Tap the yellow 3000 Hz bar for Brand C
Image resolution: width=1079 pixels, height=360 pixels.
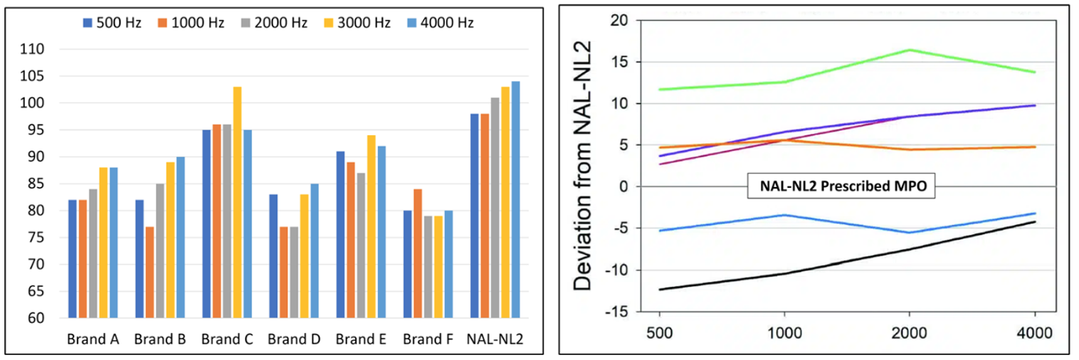tap(237, 202)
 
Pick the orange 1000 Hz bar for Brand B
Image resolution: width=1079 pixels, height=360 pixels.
tap(150, 272)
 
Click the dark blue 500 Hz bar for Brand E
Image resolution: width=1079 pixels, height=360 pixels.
tap(341, 234)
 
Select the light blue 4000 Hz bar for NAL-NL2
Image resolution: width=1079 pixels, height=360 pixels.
tap(515, 199)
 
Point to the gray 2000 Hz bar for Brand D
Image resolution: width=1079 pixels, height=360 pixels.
tap(294, 272)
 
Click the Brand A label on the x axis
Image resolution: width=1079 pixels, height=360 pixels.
tap(93, 339)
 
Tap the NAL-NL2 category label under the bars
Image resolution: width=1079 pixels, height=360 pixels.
tap(496, 339)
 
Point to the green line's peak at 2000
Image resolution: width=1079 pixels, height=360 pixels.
tap(909, 50)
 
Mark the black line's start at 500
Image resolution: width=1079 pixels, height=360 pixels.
tap(660, 290)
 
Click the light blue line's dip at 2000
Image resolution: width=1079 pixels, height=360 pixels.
tap(909, 233)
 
